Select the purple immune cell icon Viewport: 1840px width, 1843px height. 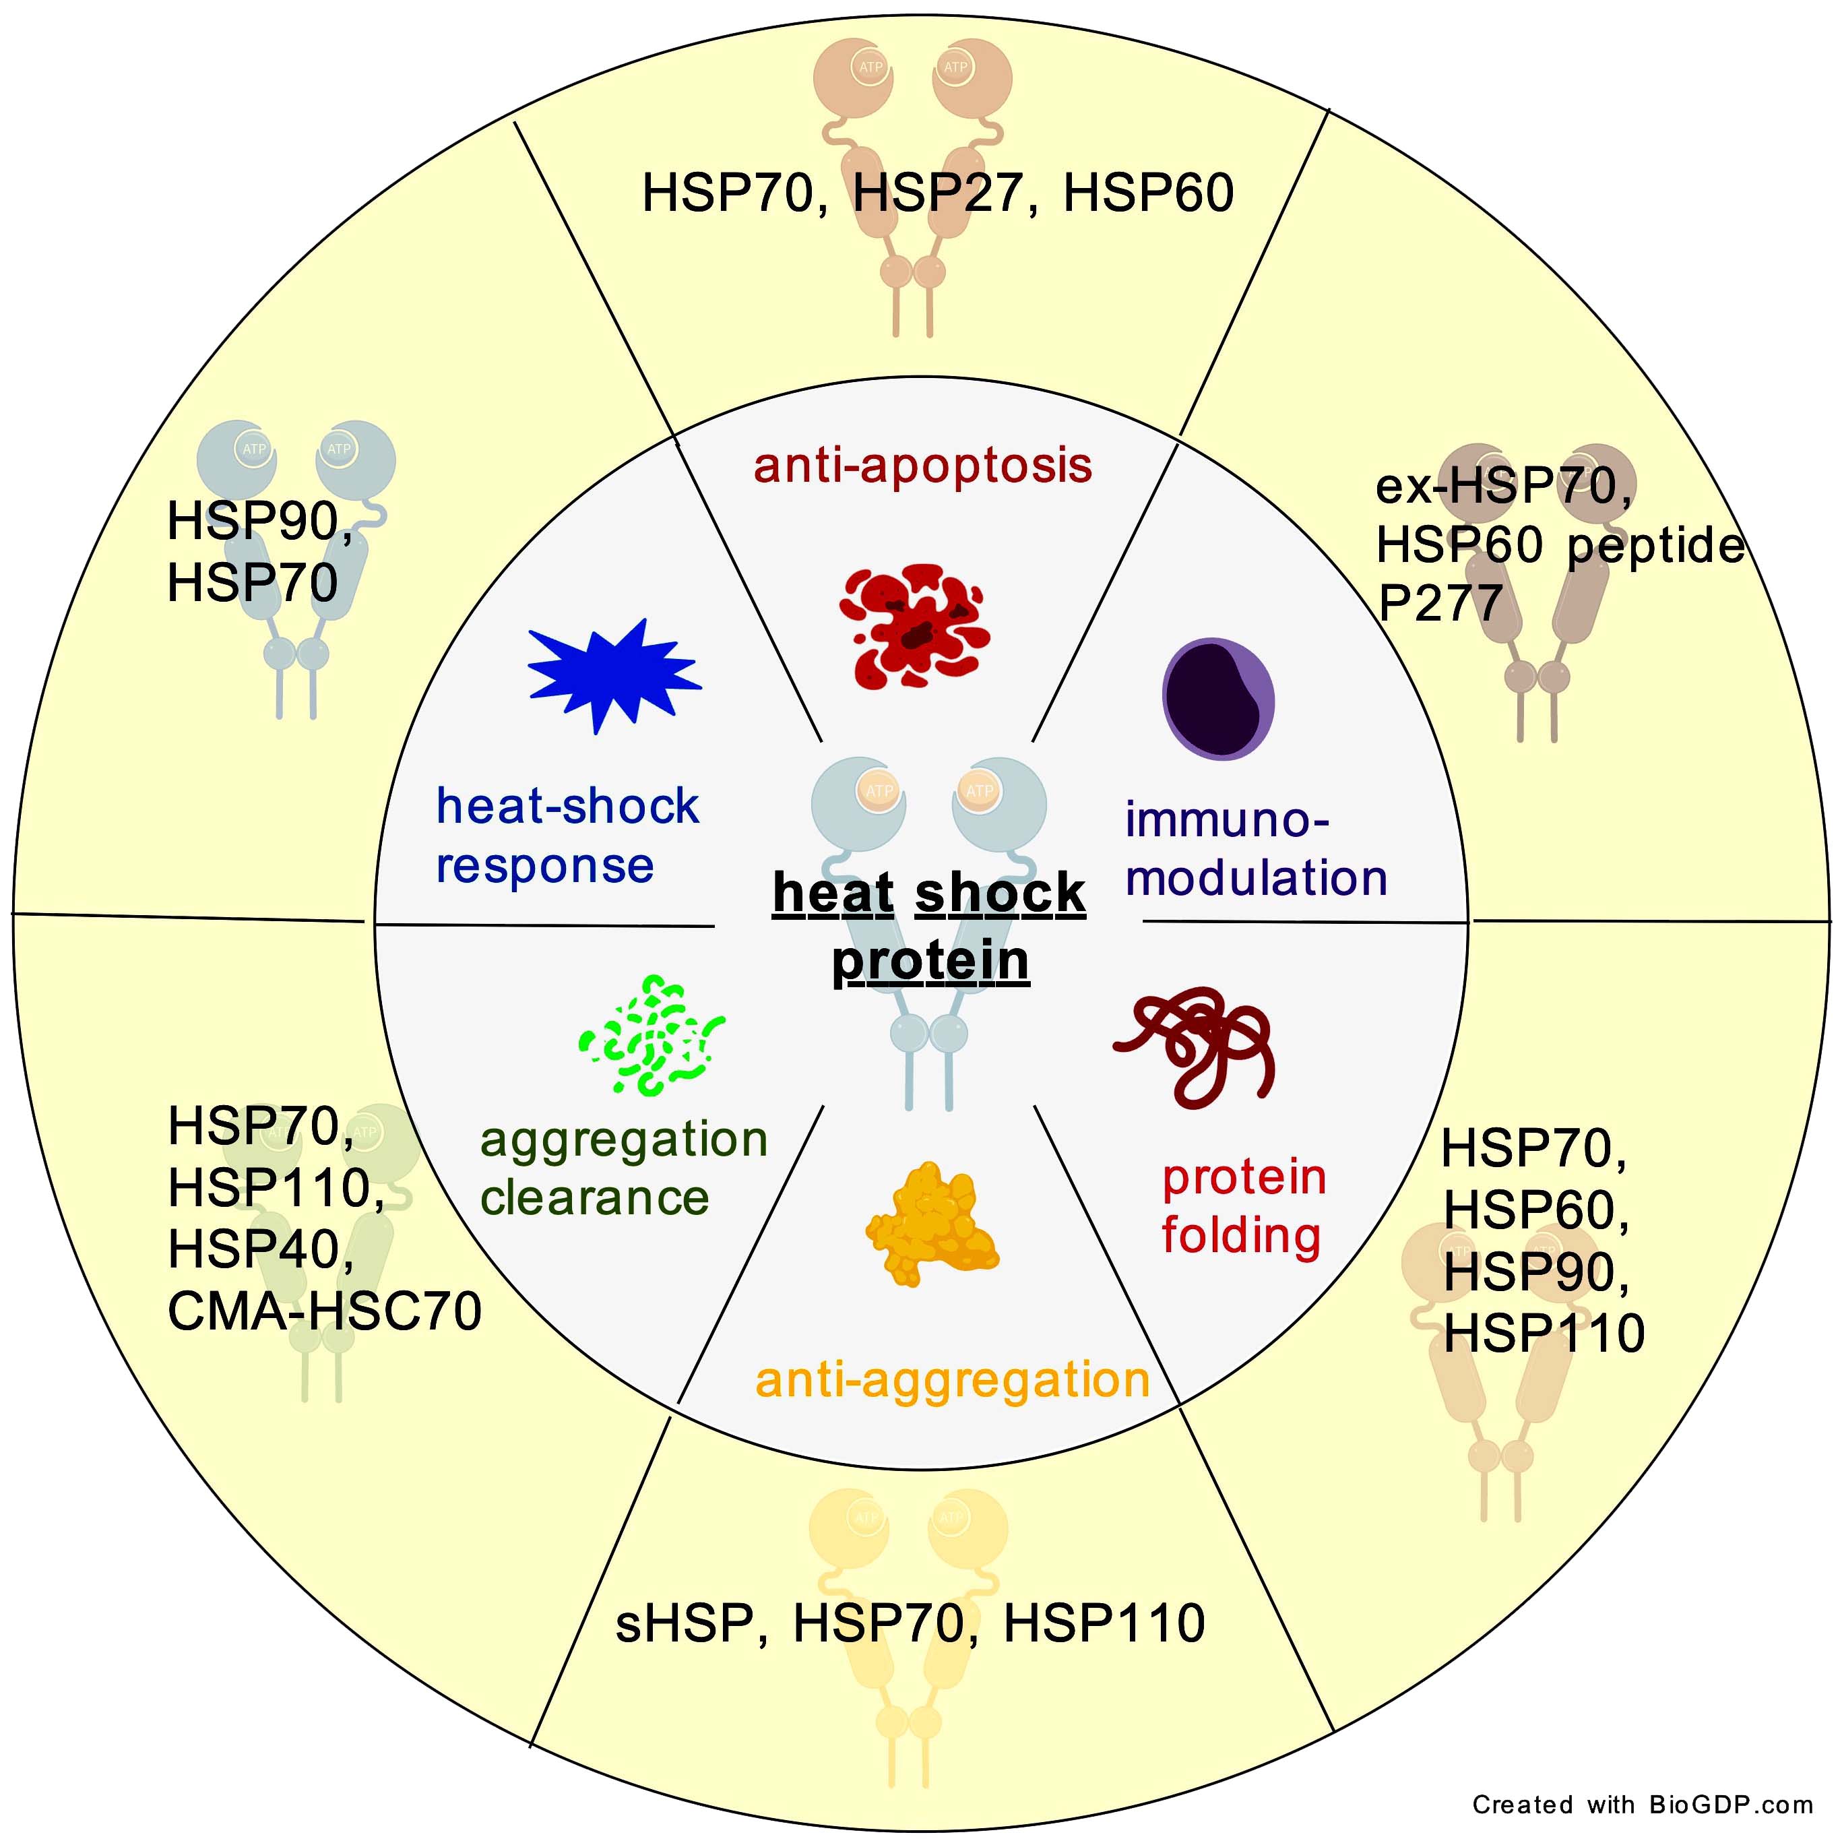(x=1218, y=699)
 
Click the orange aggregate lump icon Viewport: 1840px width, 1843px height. (x=930, y=1224)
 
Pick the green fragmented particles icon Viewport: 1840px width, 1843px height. (x=652, y=1034)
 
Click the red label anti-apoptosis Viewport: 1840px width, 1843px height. (x=922, y=466)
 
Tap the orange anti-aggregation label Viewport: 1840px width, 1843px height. (x=952, y=1380)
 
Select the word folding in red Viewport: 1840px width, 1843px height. (x=1240, y=1237)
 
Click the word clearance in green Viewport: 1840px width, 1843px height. (x=594, y=1198)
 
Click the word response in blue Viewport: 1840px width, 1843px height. (x=544, y=866)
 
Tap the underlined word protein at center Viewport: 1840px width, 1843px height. (x=930, y=961)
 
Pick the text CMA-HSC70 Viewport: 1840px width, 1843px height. (x=324, y=1311)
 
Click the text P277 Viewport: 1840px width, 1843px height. (x=1440, y=603)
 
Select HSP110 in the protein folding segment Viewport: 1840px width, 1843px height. (x=1544, y=1334)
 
